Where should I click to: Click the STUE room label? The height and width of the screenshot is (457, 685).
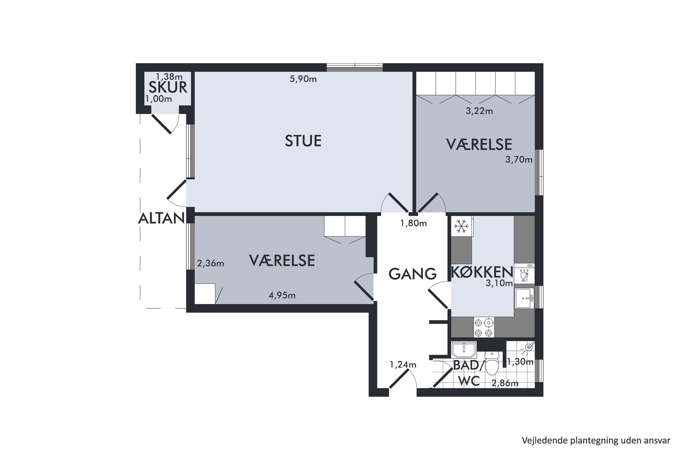point(303,141)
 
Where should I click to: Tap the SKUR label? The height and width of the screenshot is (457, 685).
point(168,87)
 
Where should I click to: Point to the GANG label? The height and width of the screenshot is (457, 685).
point(412,274)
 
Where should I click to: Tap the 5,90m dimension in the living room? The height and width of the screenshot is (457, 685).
point(303,79)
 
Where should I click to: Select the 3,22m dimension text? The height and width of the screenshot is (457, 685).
point(479,111)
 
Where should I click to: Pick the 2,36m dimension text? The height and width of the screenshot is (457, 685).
point(211,263)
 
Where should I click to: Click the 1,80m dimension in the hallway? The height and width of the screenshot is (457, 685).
point(413,223)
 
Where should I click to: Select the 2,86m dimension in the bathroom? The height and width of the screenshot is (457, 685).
point(505,383)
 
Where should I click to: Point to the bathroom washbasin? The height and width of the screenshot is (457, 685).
point(464,349)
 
